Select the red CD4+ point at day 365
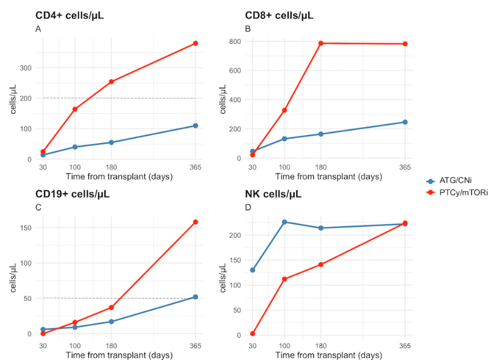click(x=196, y=44)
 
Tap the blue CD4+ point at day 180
click(x=111, y=143)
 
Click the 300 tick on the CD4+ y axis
click(x=24, y=68)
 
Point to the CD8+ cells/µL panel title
click(x=279, y=15)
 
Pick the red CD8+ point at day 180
click(x=321, y=43)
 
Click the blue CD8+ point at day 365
click(x=405, y=122)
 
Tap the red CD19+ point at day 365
click(x=196, y=222)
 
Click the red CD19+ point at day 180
click(x=111, y=308)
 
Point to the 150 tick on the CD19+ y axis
click(x=24, y=227)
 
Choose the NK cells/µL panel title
click(x=274, y=194)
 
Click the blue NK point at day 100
click(x=284, y=222)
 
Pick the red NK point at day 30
click(x=253, y=333)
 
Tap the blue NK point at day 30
click(x=253, y=270)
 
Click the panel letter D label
click(x=248, y=207)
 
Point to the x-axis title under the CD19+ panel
click(x=119, y=355)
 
